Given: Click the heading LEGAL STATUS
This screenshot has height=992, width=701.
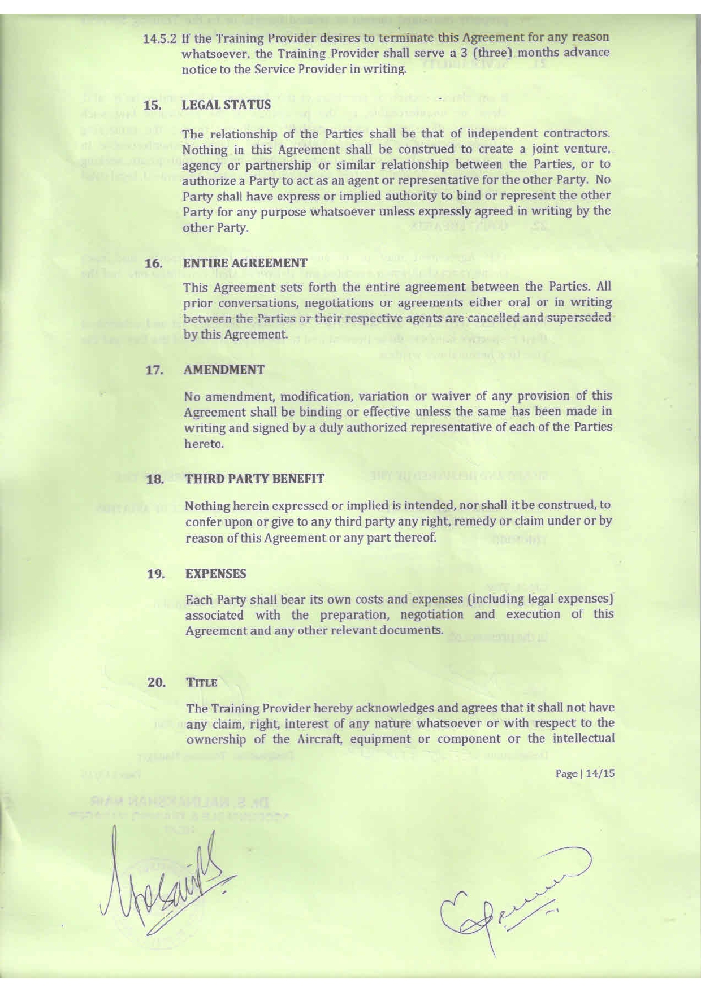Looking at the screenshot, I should tap(226, 105).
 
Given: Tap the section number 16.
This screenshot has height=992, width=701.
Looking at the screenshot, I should tap(154, 263).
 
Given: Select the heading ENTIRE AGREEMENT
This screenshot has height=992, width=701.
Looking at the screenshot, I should tap(245, 263).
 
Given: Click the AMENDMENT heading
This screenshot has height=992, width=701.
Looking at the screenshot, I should tap(224, 370).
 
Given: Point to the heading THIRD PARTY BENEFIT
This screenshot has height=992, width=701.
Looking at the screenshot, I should tap(254, 479).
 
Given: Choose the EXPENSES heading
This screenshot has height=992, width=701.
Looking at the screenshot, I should tap(215, 574).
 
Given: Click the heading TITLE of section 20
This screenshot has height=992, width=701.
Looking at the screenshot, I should tap(201, 682).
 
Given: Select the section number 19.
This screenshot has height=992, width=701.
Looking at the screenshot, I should tap(155, 574).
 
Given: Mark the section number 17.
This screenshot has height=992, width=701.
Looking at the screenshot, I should tap(154, 370).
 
